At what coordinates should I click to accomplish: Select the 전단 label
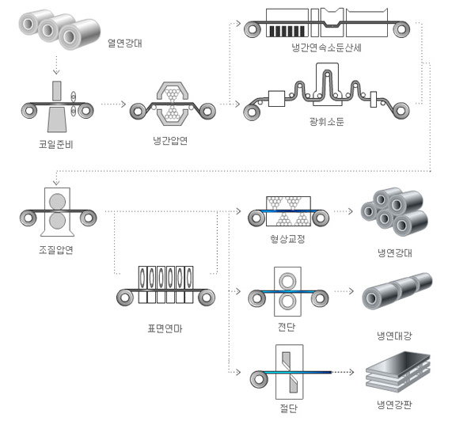tap(287, 327)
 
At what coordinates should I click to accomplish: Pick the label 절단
tap(288, 409)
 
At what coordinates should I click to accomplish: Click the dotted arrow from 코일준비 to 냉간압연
tap(113, 104)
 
